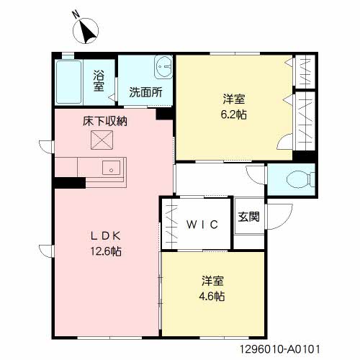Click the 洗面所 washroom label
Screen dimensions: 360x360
(x=145, y=92)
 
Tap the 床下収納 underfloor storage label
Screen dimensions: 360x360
(x=106, y=121)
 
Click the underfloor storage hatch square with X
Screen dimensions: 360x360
(x=99, y=141)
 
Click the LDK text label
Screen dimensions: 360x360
(x=105, y=235)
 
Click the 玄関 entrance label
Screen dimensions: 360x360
(x=250, y=216)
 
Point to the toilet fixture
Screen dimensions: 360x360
(x=296, y=179)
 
